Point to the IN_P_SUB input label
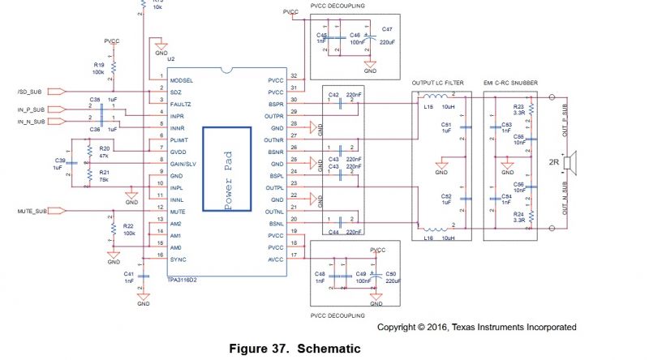click(x=32, y=109)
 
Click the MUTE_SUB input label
click(x=33, y=210)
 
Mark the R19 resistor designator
click(x=99, y=64)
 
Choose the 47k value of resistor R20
click(x=104, y=156)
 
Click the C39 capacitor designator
click(x=59, y=161)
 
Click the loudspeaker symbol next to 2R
click(x=571, y=161)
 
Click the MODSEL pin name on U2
click(x=182, y=79)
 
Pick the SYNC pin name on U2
click(x=178, y=259)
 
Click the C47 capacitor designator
click(x=387, y=28)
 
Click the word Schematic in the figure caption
click(x=329, y=349)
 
